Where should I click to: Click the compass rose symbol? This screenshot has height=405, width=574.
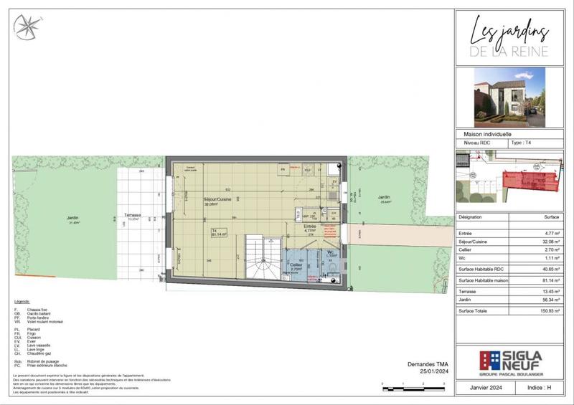pyautogui.click(x=27, y=27)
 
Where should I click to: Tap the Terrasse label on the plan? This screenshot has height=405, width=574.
pyautogui.click(x=131, y=215)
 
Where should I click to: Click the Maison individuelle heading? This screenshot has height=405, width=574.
pyautogui.click(x=482, y=133)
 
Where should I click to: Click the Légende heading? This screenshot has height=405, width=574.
pyautogui.click(x=22, y=302)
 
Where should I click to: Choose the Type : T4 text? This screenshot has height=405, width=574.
pyautogui.click(x=522, y=143)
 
